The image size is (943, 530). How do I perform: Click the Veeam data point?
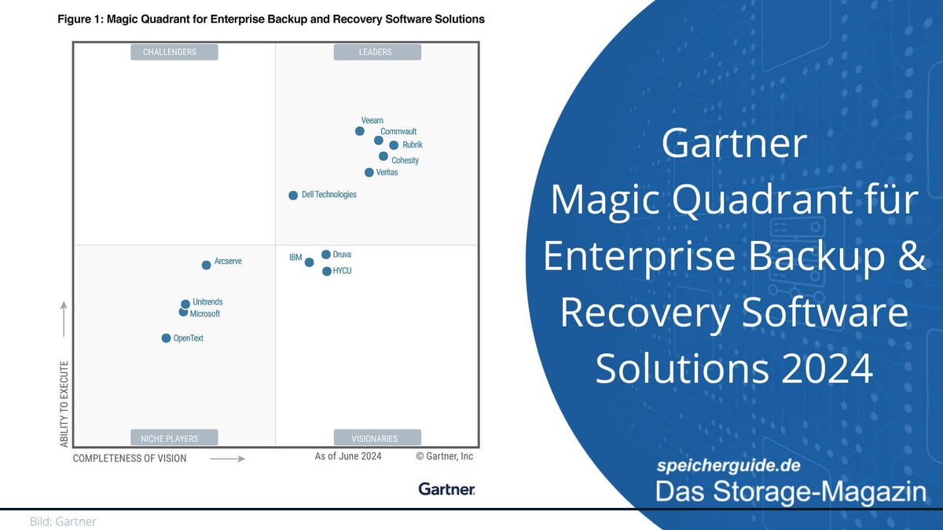pos(360,131)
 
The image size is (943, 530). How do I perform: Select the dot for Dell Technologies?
pos(293,195)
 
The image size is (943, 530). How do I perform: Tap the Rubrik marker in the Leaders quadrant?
pos(394,145)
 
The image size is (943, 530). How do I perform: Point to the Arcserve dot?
pos(207,265)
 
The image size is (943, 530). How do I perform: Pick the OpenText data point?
pos(166,338)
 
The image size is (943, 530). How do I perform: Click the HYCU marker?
pos(327,272)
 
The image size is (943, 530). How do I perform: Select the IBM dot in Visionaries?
pos(310,262)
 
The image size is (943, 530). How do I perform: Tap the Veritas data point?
pos(369,173)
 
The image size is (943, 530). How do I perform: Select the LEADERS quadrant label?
pos(377,52)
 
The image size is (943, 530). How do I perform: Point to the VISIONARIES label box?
pos(377,438)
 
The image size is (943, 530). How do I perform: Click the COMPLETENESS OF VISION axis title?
pos(130,458)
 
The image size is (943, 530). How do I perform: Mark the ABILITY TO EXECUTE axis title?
pos(64,404)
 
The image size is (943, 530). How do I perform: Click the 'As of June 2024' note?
pos(348,456)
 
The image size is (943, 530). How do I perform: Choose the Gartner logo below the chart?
pos(446,489)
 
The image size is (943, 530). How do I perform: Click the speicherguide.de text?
pos(728,466)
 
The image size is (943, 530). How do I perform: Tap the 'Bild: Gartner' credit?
pos(63,521)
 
